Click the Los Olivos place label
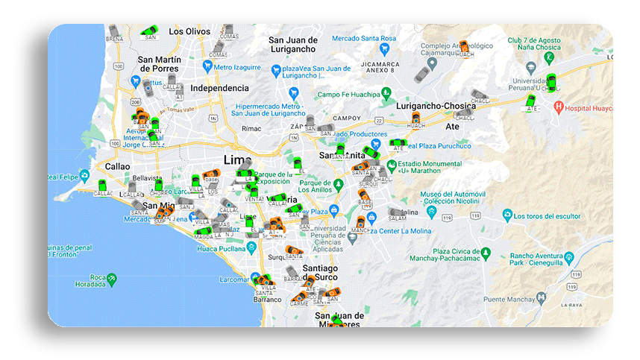[x=189, y=31]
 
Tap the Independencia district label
[x=198, y=88]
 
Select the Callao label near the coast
[x=118, y=166]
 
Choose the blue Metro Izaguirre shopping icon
[x=207, y=66]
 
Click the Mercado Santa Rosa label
[x=364, y=38]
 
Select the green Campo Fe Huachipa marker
[x=386, y=94]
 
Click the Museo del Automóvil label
[x=453, y=196]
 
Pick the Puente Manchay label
[x=510, y=300]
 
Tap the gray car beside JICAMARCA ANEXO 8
[x=422, y=74]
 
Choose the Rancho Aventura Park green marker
[x=569, y=259]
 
